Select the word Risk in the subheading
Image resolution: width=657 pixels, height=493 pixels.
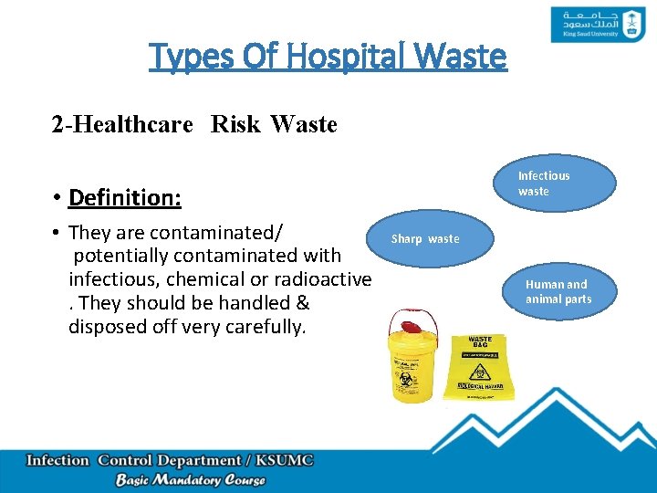[x=235, y=123]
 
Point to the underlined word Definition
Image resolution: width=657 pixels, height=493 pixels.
[x=124, y=197]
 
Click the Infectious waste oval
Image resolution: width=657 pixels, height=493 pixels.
[x=543, y=184]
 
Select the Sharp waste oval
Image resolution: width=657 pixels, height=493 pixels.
[x=426, y=239]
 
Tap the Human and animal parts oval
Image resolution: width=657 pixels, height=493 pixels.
[x=558, y=292]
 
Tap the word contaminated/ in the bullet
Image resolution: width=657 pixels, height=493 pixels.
[x=215, y=232]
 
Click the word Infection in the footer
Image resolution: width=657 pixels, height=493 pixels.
[x=58, y=460]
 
